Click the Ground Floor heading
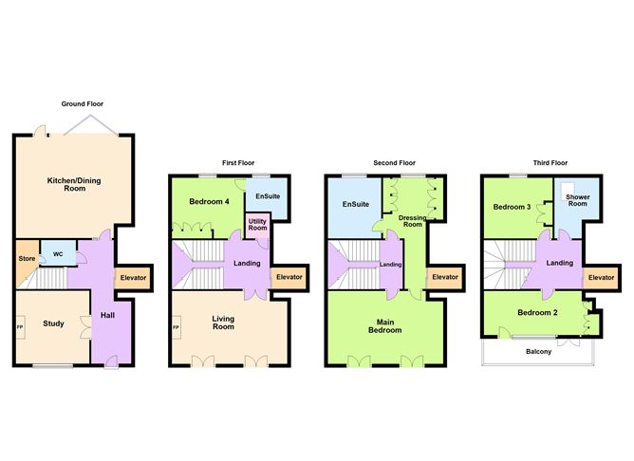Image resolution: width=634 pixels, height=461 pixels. coord(83,103)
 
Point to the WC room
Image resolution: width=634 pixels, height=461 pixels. coord(58,254)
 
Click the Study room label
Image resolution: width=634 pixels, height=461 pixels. coord(53,324)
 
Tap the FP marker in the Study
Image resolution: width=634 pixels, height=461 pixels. coord(20,327)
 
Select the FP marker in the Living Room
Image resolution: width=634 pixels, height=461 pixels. coord(176,328)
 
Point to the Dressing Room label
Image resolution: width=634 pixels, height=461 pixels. coord(413,222)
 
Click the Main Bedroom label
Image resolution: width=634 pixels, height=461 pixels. coord(384,326)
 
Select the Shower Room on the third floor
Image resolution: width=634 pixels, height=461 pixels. coord(577,203)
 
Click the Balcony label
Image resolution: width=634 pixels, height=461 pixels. coord(539,351)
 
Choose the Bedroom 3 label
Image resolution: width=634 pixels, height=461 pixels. coord(512,207)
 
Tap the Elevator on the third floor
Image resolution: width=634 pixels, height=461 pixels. coord(600,277)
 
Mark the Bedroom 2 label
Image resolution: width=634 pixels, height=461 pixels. coord(536,312)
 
